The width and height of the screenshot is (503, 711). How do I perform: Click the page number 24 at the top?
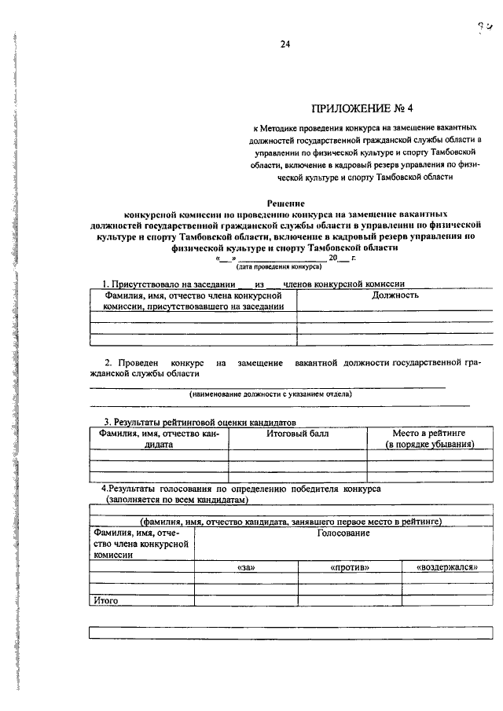[x=285, y=45]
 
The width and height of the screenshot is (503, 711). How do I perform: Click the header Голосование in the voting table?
[x=343, y=533]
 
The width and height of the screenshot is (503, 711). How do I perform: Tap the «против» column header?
[x=350, y=566]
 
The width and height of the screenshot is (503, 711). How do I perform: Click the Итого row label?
[x=105, y=600]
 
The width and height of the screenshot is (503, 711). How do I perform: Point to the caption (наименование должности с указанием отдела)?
[x=270, y=394]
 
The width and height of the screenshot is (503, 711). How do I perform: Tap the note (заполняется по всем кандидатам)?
[x=178, y=499]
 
